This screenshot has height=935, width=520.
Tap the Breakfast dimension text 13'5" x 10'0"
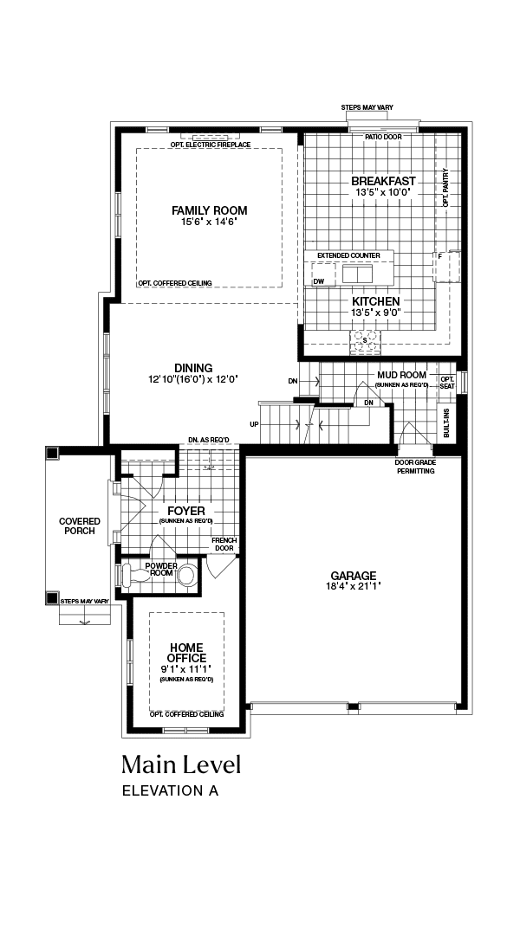click(x=384, y=192)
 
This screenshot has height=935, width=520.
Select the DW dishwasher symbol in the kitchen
click(x=323, y=275)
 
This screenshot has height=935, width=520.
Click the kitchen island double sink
click(x=357, y=274)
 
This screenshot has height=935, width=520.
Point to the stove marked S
click(x=364, y=339)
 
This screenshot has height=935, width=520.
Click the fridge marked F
click(x=446, y=267)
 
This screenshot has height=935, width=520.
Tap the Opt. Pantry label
click(x=445, y=188)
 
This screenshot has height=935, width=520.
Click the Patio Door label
click(x=383, y=137)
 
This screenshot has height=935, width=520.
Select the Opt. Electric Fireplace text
click(x=210, y=145)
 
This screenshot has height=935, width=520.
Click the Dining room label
click(x=193, y=368)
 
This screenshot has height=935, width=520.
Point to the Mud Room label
click(x=402, y=375)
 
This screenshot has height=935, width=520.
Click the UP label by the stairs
click(x=254, y=424)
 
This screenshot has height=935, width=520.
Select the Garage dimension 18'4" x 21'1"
click(x=354, y=586)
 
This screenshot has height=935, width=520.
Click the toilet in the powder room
click(x=135, y=576)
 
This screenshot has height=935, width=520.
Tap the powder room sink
click(x=187, y=576)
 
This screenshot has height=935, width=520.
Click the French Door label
click(x=224, y=545)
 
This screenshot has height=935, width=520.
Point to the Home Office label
click(x=186, y=653)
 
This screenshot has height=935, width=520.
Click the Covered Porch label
click(x=80, y=526)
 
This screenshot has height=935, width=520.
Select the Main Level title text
click(x=181, y=764)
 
